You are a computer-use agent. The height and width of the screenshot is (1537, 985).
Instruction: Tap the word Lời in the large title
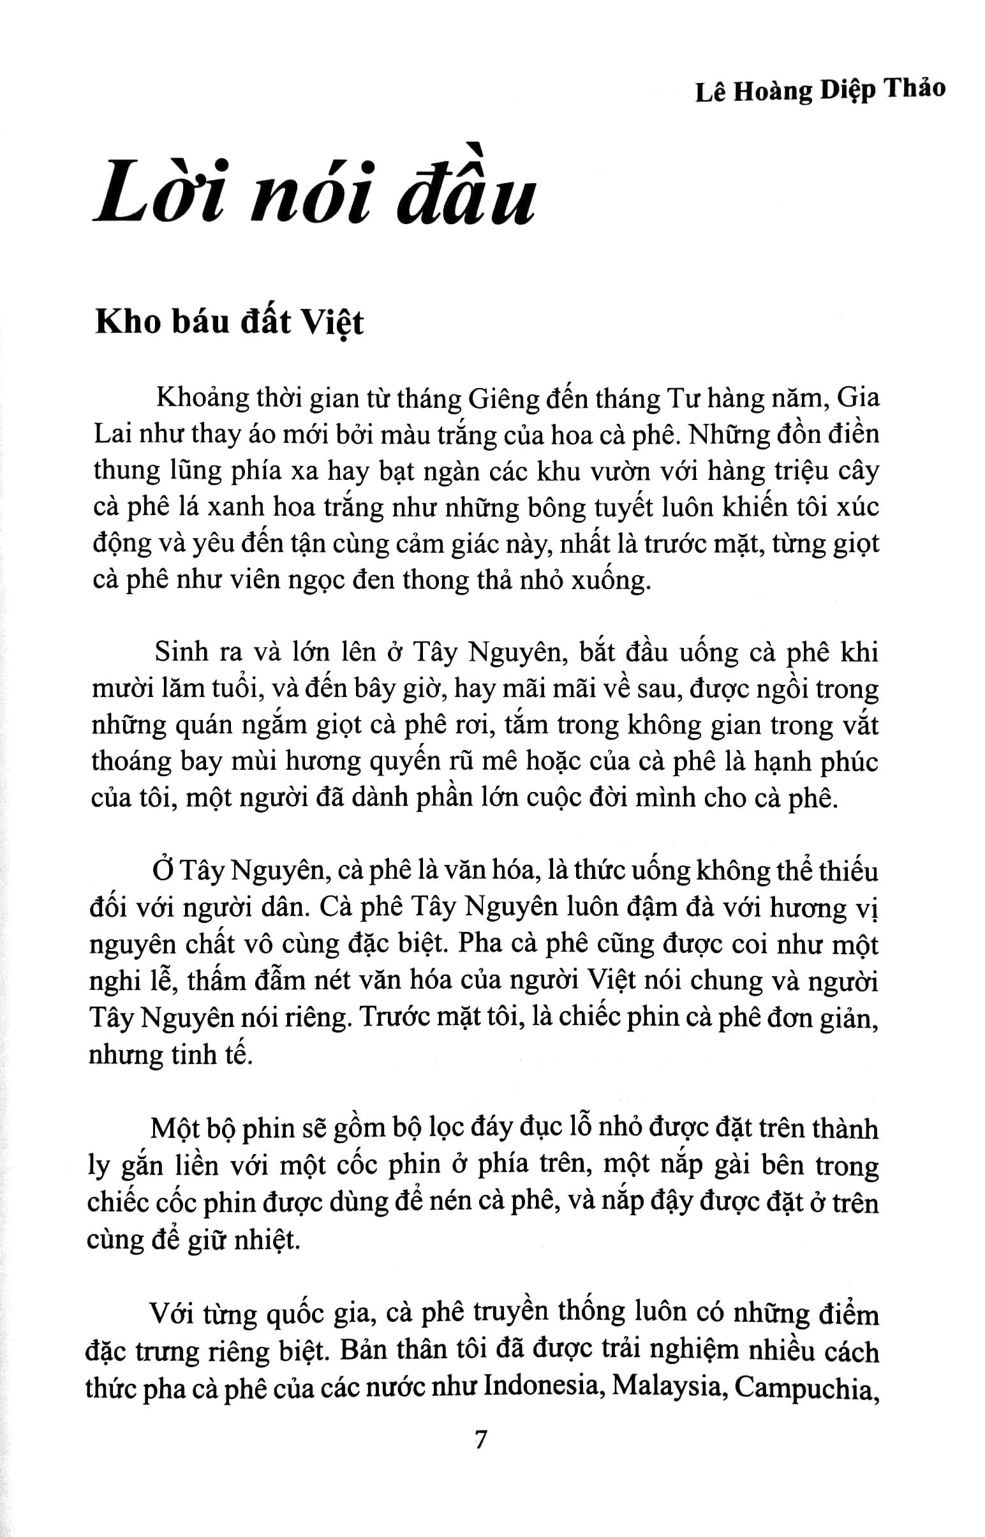tap(158, 192)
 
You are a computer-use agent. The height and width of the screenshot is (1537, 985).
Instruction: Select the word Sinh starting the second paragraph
tap(181, 652)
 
